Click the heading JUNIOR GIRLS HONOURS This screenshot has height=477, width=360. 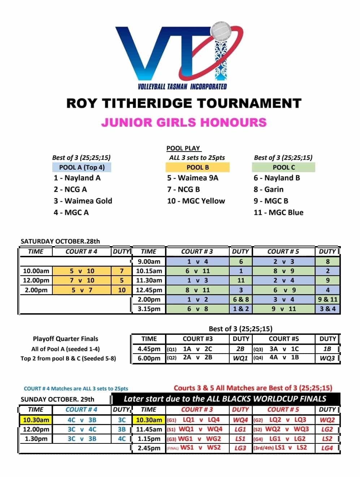tap(184, 122)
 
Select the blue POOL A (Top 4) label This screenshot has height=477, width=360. tap(82, 167)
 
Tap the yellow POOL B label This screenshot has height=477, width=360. tap(198, 167)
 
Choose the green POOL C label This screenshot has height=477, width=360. tap(283, 167)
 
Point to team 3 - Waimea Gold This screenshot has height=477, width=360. tap(83, 201)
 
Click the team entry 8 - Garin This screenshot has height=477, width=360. tap(269, 189)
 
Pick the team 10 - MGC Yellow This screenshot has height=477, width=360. tap(196, 201)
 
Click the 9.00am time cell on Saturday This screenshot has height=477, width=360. tap(149, 262)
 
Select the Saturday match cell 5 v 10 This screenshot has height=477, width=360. tap(82, 271)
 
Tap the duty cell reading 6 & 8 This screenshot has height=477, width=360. tap(241, 299)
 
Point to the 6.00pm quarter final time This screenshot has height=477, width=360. tap(149, 358)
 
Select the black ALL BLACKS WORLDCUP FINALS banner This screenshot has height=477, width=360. tap(225, 399)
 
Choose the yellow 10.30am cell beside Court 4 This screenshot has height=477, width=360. tap(36, 420)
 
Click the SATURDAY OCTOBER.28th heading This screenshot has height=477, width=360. tap(60, 241)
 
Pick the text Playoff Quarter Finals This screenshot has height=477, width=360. tap(65, 339)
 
